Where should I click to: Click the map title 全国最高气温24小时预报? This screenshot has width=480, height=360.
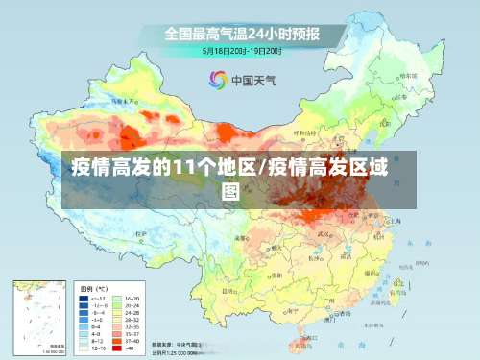click(241, 34)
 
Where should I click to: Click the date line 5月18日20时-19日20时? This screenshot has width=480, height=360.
click(241, 50)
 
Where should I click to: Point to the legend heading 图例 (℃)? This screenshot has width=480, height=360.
click(94, 288)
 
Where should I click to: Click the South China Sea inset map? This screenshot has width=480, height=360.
click(39, 316)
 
